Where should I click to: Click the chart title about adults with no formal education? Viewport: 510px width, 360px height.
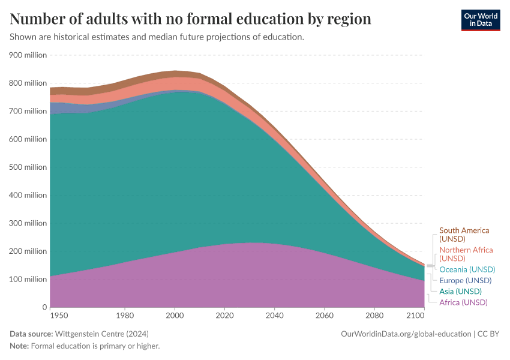(x=191, y=19)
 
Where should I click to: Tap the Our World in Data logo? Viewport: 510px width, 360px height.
(x=480, y=19)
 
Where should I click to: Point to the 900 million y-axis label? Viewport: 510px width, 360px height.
(x=28, y=55)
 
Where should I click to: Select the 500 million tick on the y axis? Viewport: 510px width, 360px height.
(x=28, y=167)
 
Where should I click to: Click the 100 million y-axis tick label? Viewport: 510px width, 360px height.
(x=28, y=280)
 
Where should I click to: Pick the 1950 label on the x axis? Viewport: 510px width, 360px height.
(x=59, y=315)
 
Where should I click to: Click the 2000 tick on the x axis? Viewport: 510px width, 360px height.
(x=175, y=315)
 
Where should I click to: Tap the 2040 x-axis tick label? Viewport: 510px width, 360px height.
(x=274, y=315)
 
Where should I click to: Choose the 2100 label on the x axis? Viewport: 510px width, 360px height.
(x=415, y=315)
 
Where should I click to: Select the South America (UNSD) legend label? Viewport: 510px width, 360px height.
(x=464, y=235)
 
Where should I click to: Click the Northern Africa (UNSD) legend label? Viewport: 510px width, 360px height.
(x=466, y=254)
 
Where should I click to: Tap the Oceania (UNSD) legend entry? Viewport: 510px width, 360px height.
(x=467, y=269)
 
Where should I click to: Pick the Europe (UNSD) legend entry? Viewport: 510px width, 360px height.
(x=465, y=280)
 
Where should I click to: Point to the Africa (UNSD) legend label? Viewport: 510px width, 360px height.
(x=463, y=302)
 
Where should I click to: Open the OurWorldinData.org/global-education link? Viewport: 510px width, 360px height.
(x=406, y=334)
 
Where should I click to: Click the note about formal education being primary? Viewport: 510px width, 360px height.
(x=95, y=346)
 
